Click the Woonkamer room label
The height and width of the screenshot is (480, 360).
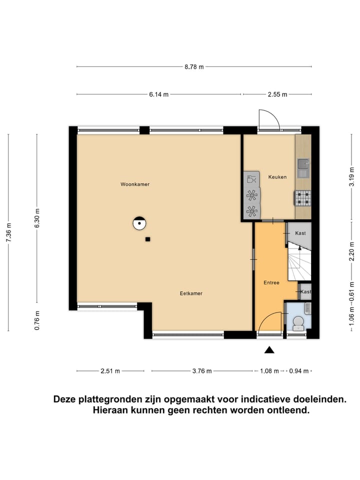[135, 184]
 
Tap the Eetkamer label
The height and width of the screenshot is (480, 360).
[191, 293]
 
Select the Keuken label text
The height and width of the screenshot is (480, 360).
[277, 177]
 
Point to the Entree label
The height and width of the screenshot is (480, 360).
[271, 282]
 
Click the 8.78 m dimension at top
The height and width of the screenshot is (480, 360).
[194, 66]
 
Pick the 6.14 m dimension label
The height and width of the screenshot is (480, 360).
[158, 94]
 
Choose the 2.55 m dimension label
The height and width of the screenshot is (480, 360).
[277, 94]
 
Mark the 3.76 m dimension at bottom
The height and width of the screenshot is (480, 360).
[201, 371]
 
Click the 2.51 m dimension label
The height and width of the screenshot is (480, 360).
[110, 371]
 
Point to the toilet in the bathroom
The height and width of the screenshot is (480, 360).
[298, 322]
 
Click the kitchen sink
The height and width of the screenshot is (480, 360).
[303, 164]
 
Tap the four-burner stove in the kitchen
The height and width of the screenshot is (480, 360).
[302, 198]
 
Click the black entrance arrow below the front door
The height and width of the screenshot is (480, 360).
[269, 350]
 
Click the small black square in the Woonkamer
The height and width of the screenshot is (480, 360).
[147, 239]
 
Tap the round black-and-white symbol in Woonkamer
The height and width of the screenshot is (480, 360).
[139, 223]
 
